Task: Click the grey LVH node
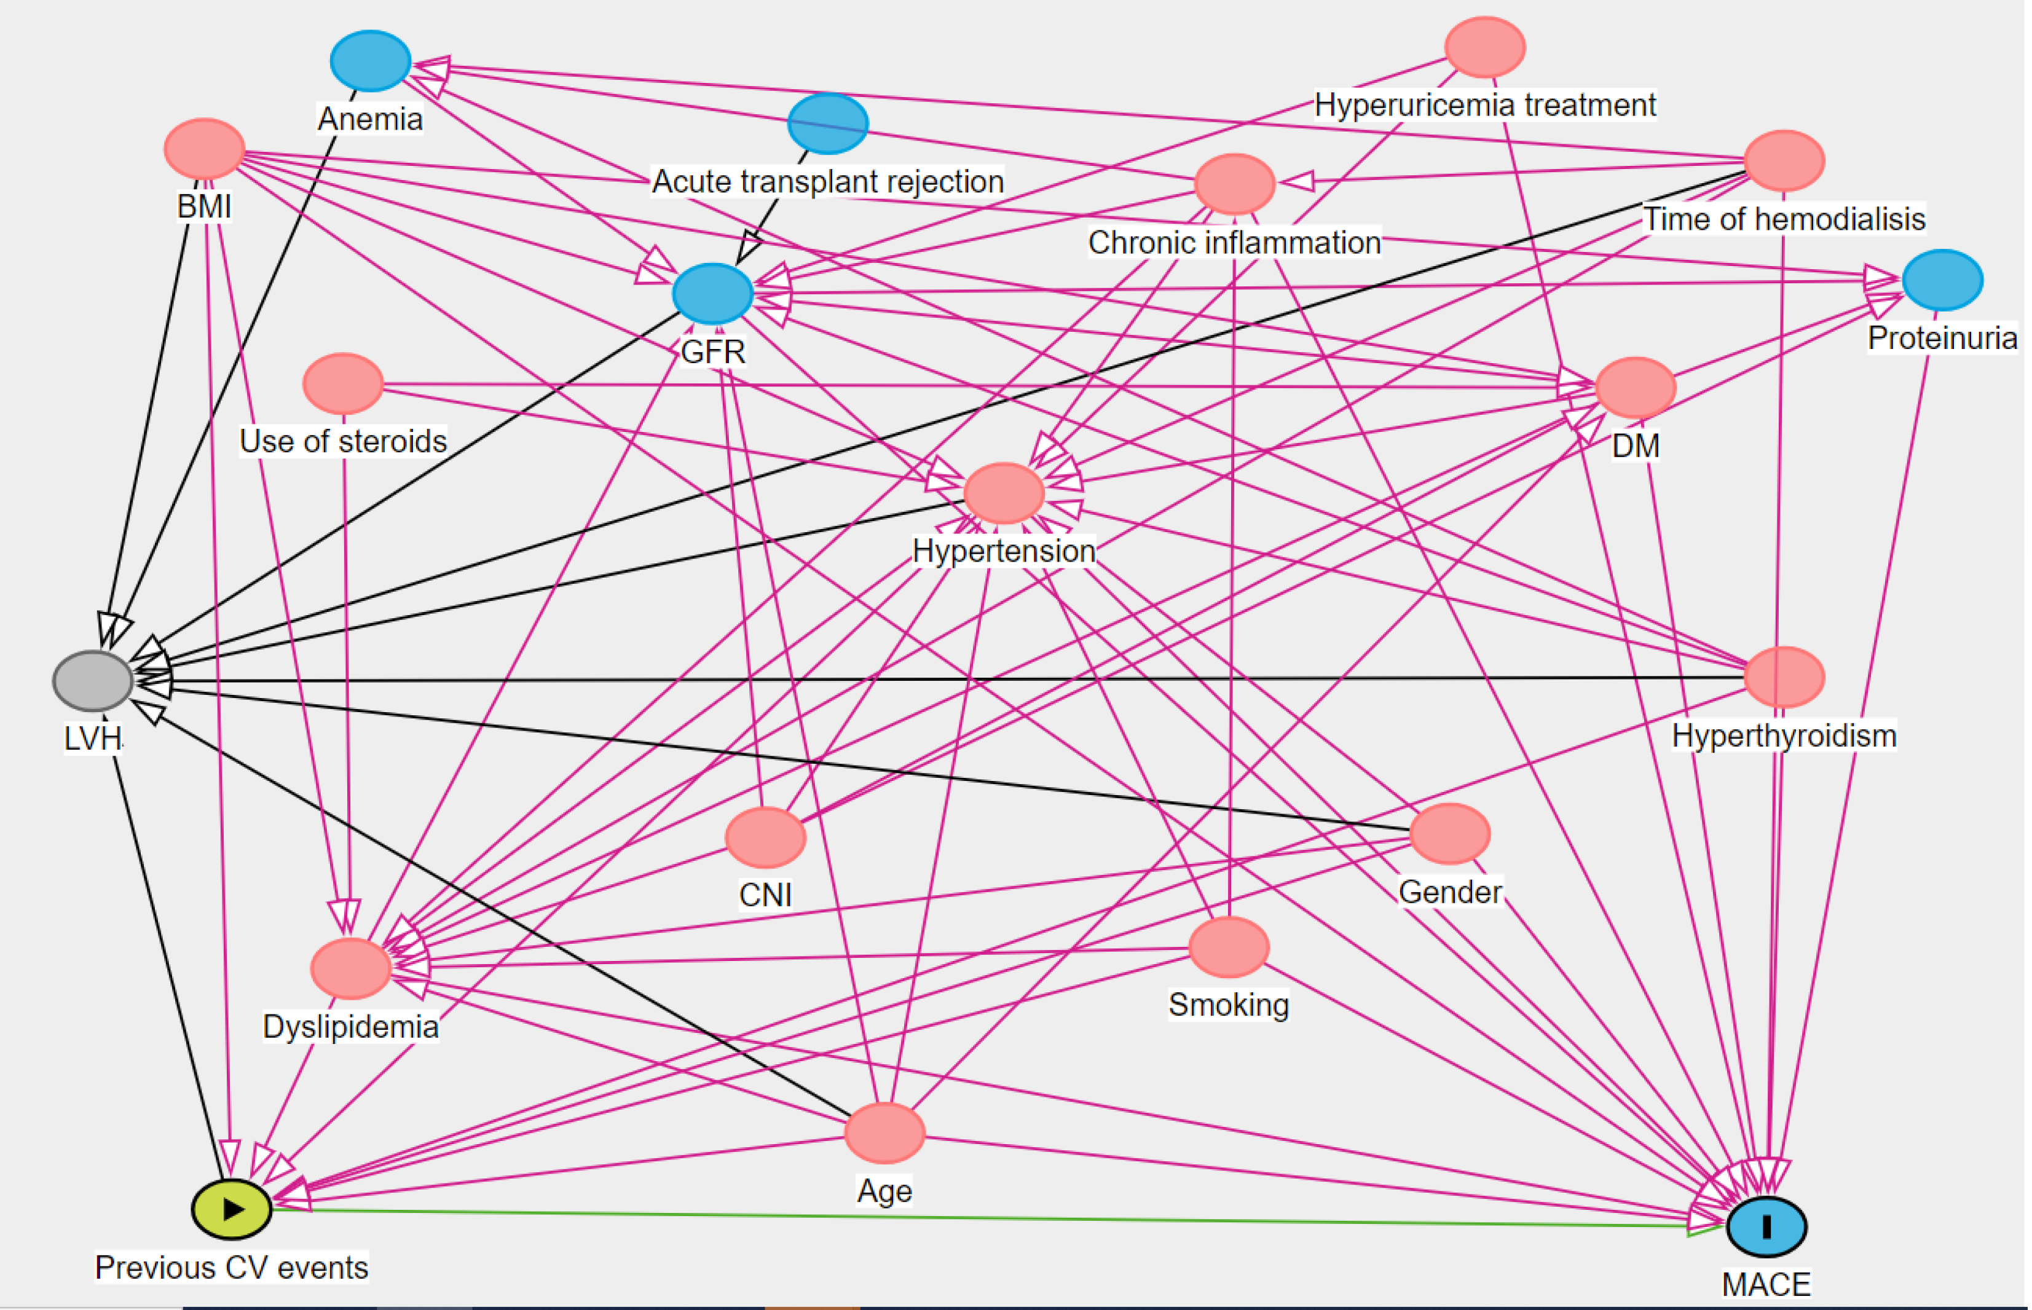[x=93, y=681]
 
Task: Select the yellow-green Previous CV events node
[x=232, y=1209]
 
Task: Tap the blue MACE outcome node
[x=1766, y=1226]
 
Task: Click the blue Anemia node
[x=370, y=60]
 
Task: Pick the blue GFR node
[x=713, y=294]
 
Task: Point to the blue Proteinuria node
[x=1943, y=280]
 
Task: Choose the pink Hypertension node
[x=1004, y=493]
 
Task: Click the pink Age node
[x=885, y=1133]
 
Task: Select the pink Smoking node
[x=1229, y=947]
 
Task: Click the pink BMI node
[x=204, y=149]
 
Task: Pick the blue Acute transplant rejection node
[x=828, y=124]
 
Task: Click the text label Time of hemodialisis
[x=1784, y=219]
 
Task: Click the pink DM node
[x=1636, y=388]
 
